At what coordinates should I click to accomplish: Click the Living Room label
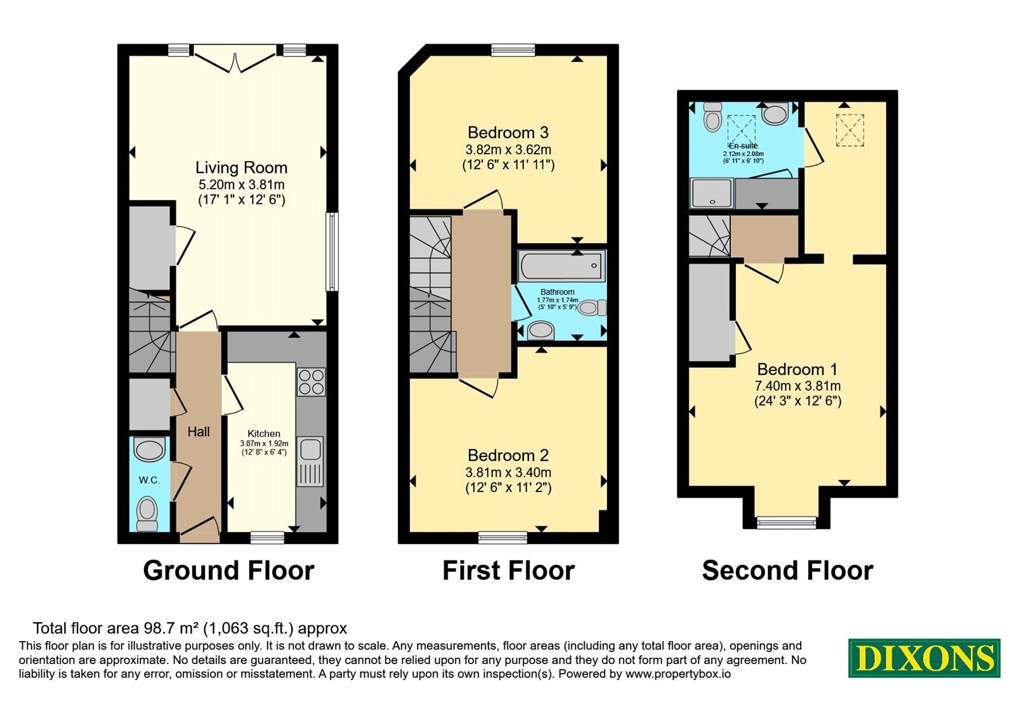coord(241,168)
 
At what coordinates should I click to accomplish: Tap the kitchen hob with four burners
coord(311,382)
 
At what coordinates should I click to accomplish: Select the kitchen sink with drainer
coord(310,462)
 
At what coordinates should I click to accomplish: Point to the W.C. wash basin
coord(150,449)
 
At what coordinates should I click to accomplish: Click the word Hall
coord(199,432)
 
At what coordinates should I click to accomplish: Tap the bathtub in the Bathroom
coord(561,266)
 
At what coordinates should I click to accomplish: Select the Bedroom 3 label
coord(508,133)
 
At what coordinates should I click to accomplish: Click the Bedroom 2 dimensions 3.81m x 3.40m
coord(508,472)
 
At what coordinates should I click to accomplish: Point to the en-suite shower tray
coord(711,194)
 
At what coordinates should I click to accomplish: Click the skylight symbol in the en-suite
coord(742,130)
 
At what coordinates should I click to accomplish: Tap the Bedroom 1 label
coord(797,369)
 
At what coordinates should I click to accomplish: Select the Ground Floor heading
coord(229,571)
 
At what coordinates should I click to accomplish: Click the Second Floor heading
coord(787,571)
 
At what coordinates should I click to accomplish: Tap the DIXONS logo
coord(924,658)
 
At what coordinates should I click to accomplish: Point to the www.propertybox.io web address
coord(678,674)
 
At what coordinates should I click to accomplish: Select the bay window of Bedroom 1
coord(786,523)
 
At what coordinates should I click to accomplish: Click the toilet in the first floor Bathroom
coord(593,308)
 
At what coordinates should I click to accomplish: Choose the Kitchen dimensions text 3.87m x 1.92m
coord(264,443)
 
